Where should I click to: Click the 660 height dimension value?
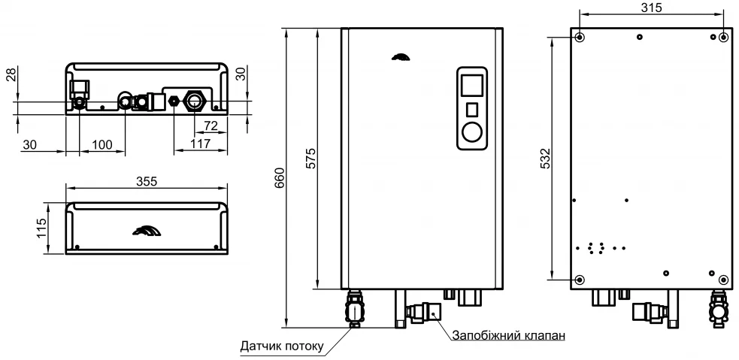(x=279, y=177)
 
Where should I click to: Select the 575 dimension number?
(x=310, y=159)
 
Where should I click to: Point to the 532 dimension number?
(x=545, y=159)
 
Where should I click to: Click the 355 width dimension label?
(x=146, y=181)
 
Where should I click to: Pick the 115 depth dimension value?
(x=41, y=228)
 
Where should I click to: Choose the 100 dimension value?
(x=102, y=144)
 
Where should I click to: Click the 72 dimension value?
(x=211, y=126)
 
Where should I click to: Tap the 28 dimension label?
(x=11, y=74)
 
